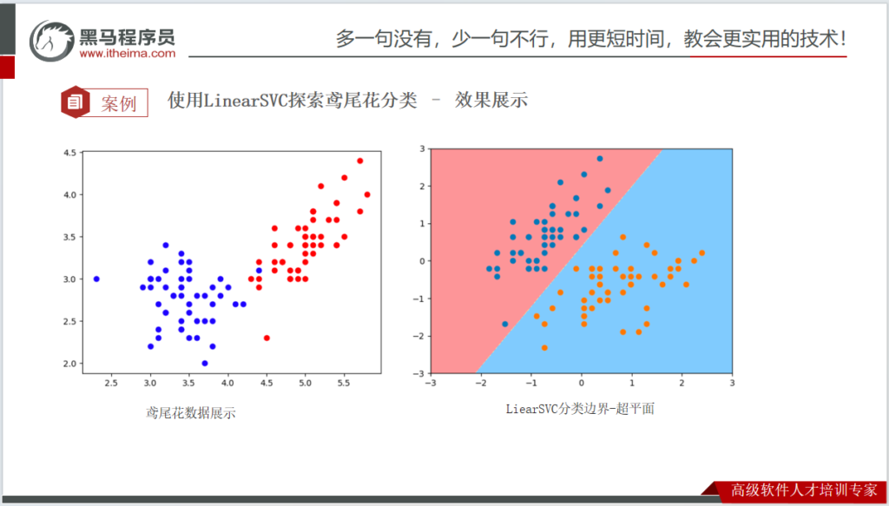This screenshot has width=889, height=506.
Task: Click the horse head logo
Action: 52,41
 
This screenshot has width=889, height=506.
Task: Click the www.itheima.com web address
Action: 128,54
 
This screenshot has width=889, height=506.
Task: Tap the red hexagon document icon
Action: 75,102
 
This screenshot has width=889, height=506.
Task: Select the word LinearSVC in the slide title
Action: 245,101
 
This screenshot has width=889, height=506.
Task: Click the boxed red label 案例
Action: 119,103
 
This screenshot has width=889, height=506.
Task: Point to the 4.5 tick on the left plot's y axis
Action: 69,153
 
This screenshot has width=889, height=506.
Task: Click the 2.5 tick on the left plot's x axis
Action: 112,384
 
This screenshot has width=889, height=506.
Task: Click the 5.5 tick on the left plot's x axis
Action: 344,384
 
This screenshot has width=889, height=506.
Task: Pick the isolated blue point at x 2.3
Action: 96,279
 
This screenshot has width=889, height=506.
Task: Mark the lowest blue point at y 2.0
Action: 205,363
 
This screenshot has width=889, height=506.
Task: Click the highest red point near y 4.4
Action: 359,161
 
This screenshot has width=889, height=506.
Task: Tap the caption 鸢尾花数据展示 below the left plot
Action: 191,414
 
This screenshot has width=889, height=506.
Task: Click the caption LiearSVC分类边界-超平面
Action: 581,409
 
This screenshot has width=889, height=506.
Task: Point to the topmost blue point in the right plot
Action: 600,159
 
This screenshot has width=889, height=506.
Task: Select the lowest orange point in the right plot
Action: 545,347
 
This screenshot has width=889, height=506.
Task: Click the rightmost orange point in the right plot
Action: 701,253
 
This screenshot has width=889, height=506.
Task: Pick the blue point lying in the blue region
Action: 504,324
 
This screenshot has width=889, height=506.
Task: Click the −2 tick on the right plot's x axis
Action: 481,384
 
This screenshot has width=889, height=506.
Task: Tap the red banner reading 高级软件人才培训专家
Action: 803,490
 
